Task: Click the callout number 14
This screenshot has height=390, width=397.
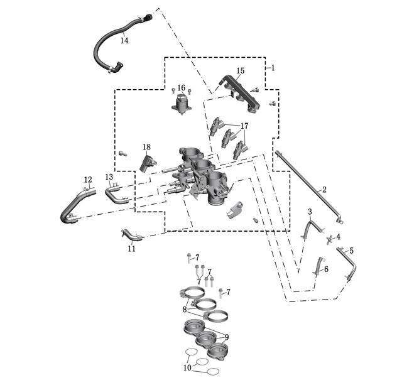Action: (124, 40)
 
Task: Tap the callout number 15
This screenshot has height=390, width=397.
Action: (240, 71)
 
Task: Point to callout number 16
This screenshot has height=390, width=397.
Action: (181, 88)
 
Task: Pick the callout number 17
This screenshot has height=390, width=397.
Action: (244, 126)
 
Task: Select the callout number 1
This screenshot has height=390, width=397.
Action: (273, 67)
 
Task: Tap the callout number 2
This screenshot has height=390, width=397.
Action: (324, 189)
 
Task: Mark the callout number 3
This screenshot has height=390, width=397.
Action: (310, 212)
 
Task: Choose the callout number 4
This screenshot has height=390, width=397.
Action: (338, 237)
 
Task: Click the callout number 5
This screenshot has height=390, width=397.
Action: (351, 251)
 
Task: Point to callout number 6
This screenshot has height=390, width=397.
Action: (326, 269)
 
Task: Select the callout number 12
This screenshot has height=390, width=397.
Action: (88, 180)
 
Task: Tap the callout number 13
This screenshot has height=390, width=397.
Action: (109, 177)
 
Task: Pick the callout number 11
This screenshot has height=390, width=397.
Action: (131, 248)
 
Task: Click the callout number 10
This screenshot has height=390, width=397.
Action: (187, 367)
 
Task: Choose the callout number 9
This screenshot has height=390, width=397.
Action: (226, 337)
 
